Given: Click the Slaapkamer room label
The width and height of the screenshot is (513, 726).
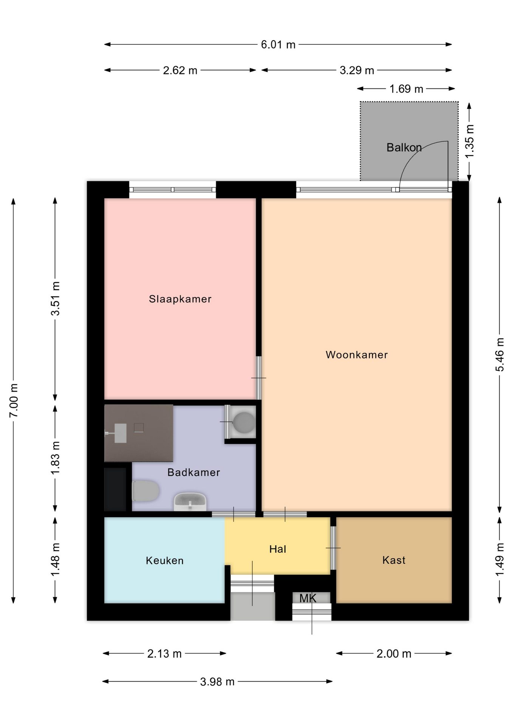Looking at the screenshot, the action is pos(180,299).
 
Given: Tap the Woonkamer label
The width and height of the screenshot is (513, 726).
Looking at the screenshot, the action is pos(357,355).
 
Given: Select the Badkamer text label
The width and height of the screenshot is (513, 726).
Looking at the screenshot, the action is pos(193,472).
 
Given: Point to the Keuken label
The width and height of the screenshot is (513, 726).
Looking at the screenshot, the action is pos(165,560).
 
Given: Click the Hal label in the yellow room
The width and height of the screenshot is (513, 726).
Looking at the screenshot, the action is pos(278,549).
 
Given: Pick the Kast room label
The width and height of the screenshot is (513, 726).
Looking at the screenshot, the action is pos(394,560).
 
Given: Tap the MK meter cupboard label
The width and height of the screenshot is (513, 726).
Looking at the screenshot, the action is pos(308,598).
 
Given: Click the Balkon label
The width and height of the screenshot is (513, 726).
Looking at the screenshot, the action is pos(404,147).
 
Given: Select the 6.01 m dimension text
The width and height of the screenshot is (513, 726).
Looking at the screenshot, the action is pos(278,45).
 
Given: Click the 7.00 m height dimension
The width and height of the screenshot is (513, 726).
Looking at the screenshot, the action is pos(14,400).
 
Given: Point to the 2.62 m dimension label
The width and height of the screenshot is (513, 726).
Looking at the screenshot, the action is pos(180,70).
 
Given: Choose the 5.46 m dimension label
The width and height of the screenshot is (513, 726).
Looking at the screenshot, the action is pos(500,355).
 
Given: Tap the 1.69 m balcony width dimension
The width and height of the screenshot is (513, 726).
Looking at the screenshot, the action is pos(406,89).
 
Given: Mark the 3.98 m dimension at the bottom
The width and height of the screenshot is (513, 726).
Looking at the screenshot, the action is pos(217,682).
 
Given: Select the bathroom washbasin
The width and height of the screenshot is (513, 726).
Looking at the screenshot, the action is pos(190,501).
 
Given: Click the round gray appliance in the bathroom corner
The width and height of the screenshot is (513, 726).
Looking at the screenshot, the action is pos(244,422).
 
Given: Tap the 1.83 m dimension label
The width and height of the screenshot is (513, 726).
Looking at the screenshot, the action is pos(55,458).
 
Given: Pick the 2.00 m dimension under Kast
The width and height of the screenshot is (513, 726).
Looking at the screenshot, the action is pos(394,654).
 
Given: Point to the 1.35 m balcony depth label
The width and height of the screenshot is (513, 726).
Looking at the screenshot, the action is pos(469,141).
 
